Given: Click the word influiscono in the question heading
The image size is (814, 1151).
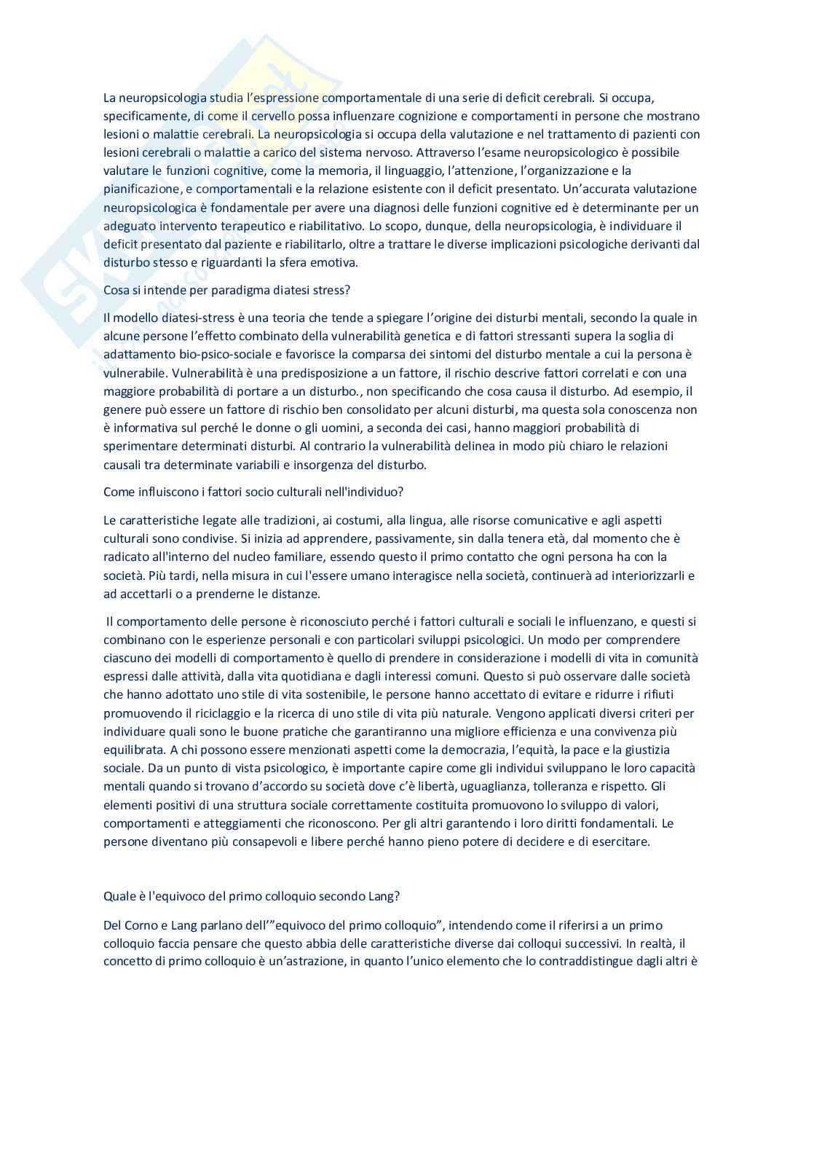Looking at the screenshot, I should tap(165, 491).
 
